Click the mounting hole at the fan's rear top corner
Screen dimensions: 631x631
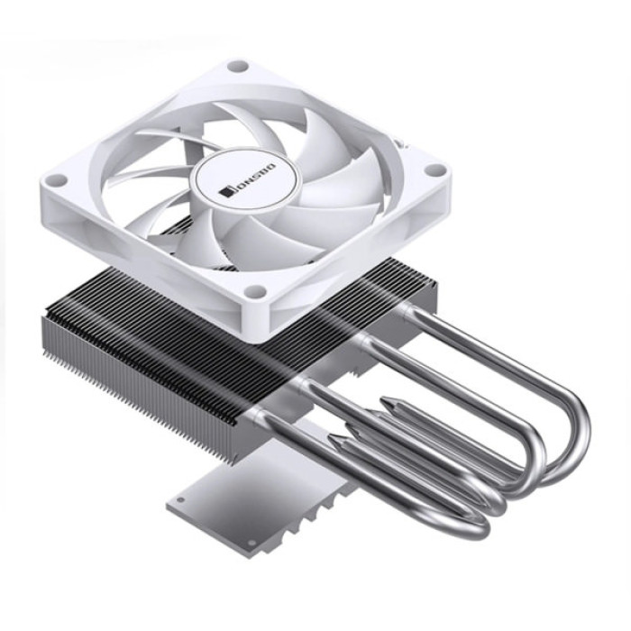(x=237, y=66)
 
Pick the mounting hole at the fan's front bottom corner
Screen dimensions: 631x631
(x=257, y=291)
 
